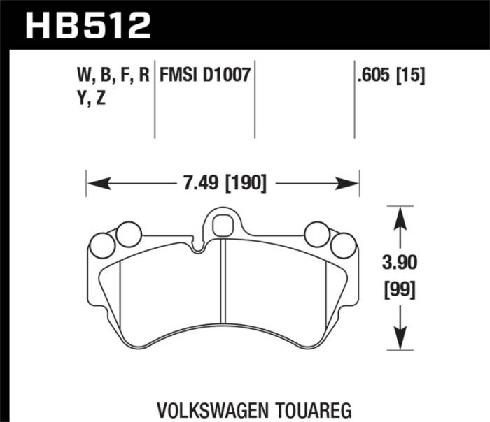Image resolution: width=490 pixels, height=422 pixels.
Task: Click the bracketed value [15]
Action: click(412, 75)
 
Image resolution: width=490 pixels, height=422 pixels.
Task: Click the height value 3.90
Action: click(400, 265)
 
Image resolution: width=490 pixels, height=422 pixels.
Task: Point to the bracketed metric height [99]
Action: click(400, 287)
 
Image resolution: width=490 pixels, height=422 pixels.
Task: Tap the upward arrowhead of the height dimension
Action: click(400, 216)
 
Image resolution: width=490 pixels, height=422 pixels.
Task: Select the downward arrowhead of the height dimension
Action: click(400, 338)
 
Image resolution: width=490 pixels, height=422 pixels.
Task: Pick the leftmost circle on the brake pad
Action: click(104, 244)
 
